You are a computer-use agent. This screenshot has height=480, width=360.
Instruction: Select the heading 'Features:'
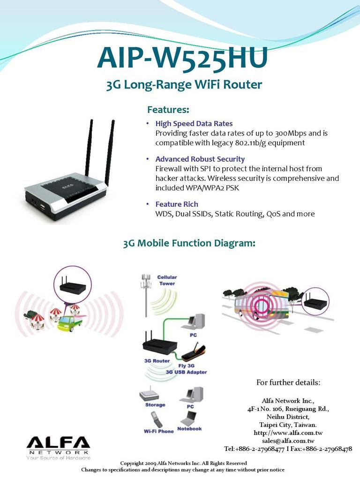coord(168,110)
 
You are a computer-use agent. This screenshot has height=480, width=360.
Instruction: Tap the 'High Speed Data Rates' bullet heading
coord(194,124)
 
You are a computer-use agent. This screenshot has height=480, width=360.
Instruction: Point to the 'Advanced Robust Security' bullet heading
coord(200,159)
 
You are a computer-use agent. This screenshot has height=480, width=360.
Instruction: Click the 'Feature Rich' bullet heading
coord(177,204)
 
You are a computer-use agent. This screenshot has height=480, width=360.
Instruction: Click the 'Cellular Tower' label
coord(167,280)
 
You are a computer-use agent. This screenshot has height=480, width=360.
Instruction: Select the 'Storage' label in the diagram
coord(155,405)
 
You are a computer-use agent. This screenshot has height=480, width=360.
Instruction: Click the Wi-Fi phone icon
coord(156,419)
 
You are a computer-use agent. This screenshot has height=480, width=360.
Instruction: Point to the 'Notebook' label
coord(189,429)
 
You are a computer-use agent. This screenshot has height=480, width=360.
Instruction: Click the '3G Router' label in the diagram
coord(157,361)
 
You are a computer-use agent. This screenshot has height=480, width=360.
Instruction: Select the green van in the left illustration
coord(69,322)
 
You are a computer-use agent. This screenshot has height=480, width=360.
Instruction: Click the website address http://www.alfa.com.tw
coord(288,433)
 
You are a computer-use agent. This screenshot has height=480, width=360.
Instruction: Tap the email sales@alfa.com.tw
coord(288,441)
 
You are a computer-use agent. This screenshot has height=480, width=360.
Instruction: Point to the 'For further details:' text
coord(288,382)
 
